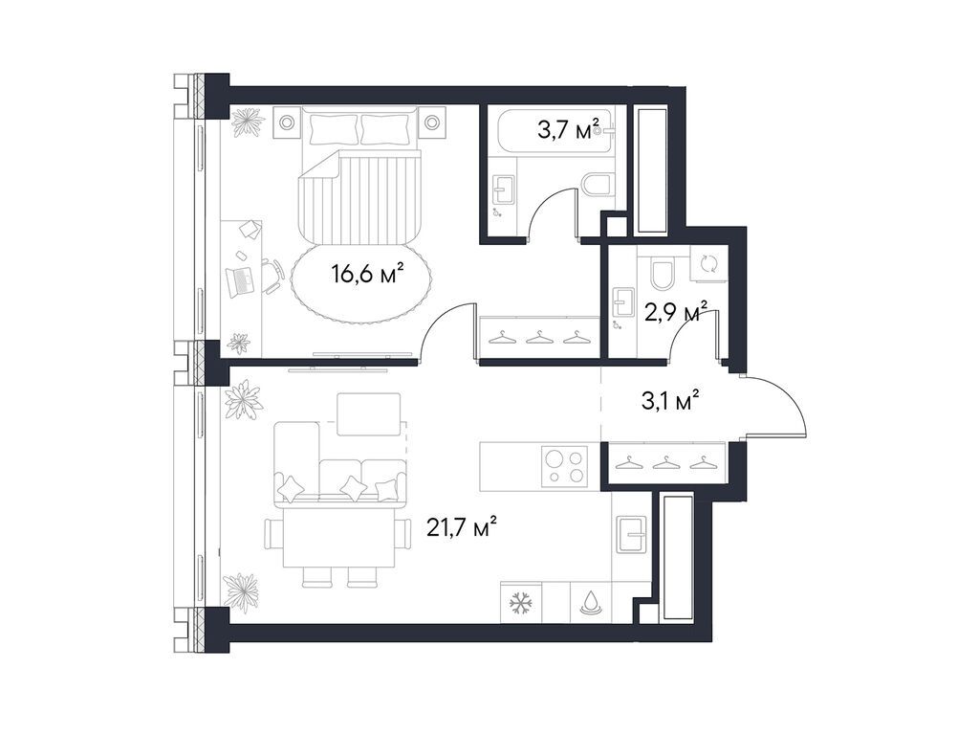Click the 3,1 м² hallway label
(669, 399)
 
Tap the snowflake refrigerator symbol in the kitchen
(521, 603)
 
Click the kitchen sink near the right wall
(631, 534)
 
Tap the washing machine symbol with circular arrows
(708, 264)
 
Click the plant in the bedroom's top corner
(248, 122)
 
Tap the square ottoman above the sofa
(368, 412)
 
